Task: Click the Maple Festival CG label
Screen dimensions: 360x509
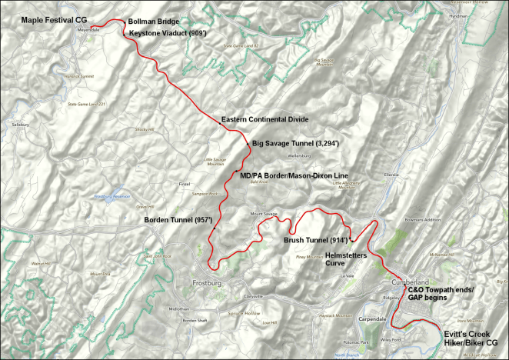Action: pos(42,18)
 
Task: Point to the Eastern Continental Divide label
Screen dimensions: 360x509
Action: pos(264,119)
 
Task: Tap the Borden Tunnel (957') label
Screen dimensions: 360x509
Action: pos(178,221)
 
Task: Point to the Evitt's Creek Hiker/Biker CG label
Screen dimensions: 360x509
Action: pos(471,338)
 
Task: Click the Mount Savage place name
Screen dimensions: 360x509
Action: pos(264,213)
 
